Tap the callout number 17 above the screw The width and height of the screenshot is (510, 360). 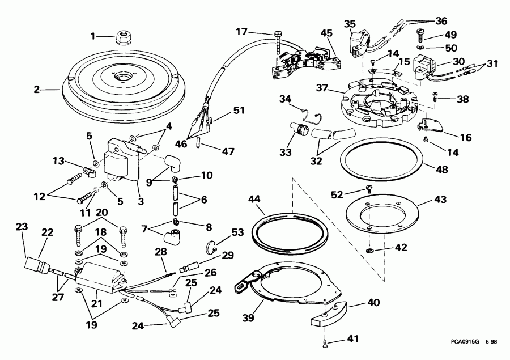(241, 32)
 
